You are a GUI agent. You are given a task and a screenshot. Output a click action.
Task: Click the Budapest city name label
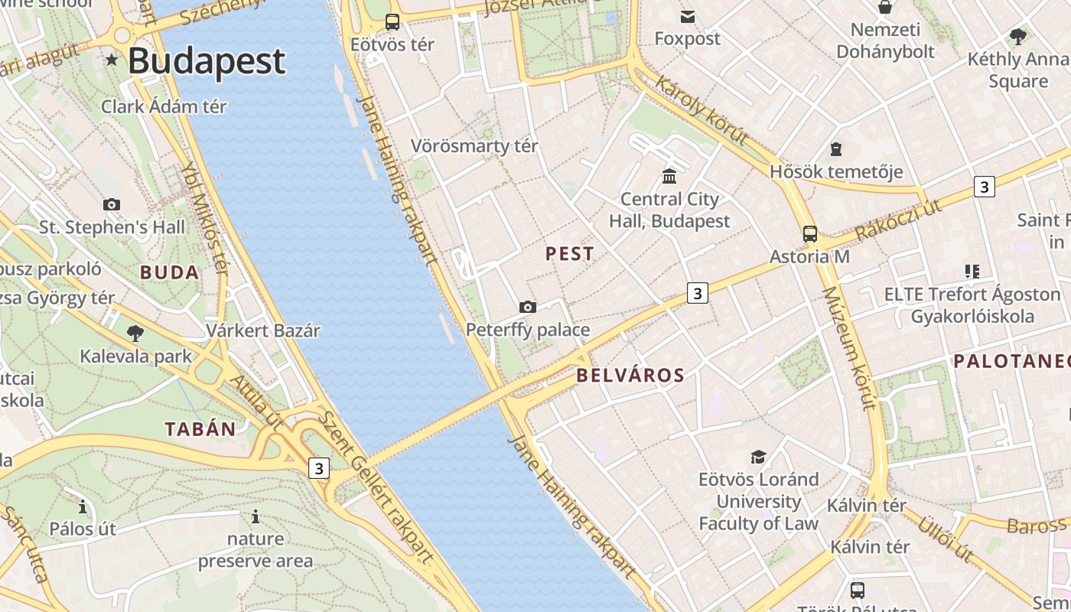[207, 61]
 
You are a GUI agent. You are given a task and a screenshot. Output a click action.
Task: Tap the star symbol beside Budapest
[112, 60]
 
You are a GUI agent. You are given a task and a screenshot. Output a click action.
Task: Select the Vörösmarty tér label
[474, 145]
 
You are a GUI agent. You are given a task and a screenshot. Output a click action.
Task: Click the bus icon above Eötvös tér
[392, 22]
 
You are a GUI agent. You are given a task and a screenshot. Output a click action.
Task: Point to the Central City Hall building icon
[669, 177]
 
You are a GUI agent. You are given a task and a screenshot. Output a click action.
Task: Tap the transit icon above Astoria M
[809, 234]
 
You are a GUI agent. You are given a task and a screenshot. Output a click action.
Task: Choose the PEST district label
[569, 254]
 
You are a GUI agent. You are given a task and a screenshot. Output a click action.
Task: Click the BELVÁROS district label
[630, 375]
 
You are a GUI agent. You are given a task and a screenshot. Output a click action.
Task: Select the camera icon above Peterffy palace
[528, 308]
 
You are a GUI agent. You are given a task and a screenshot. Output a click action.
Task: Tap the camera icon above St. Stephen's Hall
[112, 205]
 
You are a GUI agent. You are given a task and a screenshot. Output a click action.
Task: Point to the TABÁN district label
[200, 429]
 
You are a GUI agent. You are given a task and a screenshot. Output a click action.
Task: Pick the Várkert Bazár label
[263, 330]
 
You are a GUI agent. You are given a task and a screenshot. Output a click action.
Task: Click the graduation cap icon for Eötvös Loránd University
[758, 457]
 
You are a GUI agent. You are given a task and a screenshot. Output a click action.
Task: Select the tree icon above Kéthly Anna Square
[1017, 36]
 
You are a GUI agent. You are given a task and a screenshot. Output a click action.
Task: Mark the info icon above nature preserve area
[256, 517]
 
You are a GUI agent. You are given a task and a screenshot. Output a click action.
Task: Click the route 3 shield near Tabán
[319, 467]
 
